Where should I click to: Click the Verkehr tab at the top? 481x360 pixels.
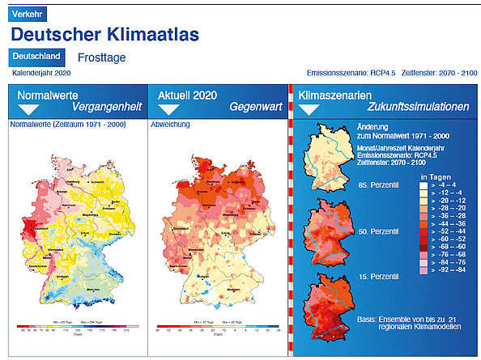click(x=29, y=14)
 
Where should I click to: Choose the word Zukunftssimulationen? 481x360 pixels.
click(x=417, y=106)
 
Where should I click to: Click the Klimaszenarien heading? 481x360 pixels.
click(x=330, y=95)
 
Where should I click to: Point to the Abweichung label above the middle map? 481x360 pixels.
click(x=170, y=125)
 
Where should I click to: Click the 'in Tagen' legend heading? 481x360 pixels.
click(x=435, y=176)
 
